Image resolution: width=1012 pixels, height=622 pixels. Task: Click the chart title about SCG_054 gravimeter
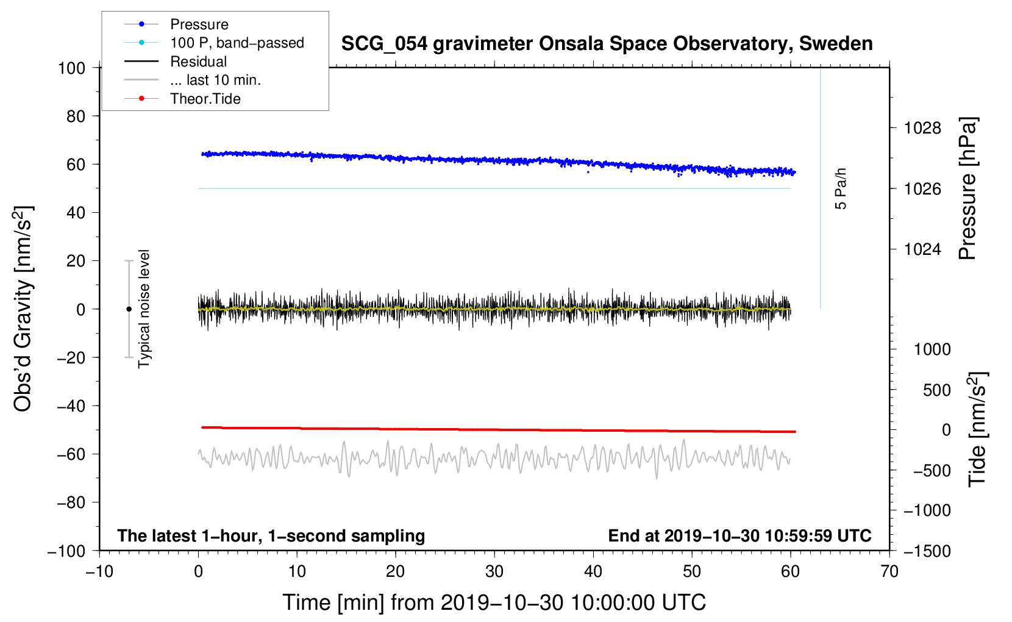click(607, 44)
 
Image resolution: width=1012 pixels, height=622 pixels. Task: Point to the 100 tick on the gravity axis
click(71, 68)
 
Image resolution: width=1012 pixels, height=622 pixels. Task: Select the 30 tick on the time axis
click(494, 571)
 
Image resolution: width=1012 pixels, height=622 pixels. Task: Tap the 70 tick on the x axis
click(889, 571)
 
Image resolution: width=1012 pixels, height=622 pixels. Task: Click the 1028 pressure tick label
click(922, 128)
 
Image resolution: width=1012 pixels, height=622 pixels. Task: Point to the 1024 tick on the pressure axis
click(922, 249)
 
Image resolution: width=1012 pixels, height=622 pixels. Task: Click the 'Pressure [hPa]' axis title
click(967, 188)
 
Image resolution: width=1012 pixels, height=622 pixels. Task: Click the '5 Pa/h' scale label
click(841, 188)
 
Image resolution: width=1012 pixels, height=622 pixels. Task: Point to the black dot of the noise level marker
click(129, 309)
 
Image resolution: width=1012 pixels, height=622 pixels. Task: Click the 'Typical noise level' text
click(144, 309)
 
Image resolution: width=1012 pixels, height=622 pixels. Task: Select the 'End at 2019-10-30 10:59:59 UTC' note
click(739, 535)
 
